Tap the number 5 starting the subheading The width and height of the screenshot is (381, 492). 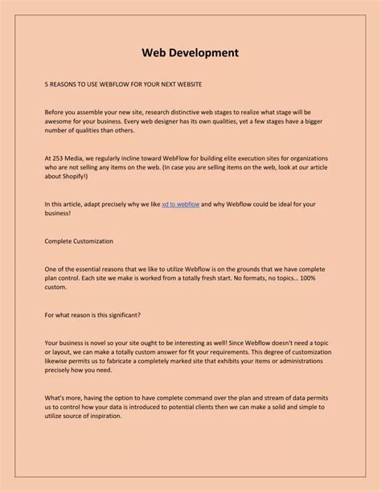point(47,84)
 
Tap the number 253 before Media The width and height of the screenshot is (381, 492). point(61,158)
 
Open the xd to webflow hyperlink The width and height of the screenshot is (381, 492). point(180,205)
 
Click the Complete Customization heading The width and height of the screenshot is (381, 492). point(79,241)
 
